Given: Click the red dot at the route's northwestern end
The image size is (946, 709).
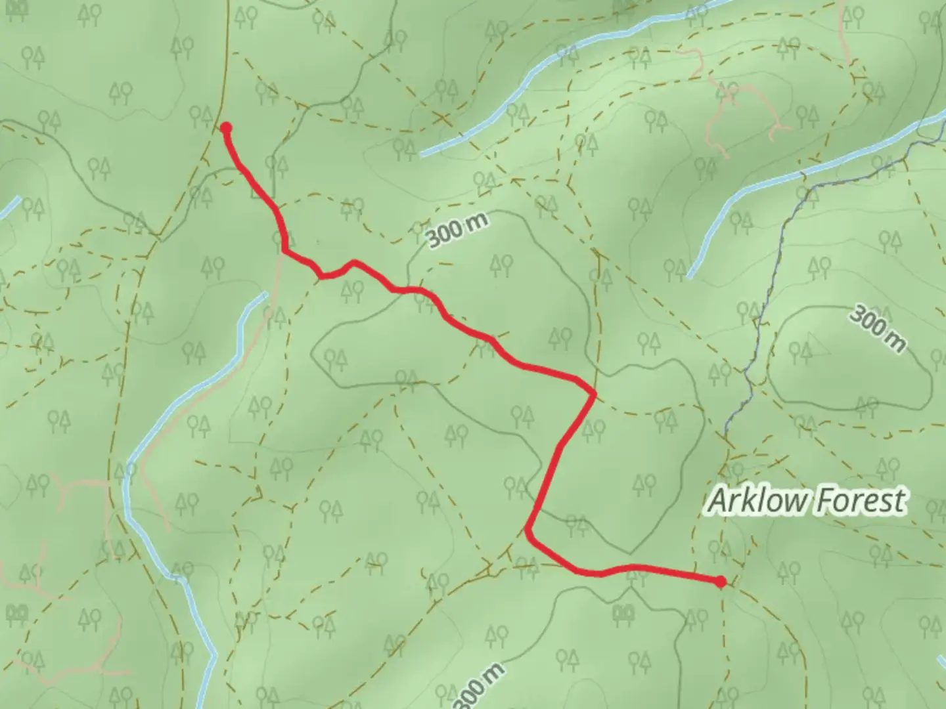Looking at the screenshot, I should pos(225,128).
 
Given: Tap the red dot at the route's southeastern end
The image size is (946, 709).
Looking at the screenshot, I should pos(721,582).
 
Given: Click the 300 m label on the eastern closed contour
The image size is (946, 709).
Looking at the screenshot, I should pos(876,328).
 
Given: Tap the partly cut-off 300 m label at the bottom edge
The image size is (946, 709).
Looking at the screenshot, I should pos(480,686).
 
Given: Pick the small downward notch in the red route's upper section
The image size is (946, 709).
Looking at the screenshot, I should pos(323,276).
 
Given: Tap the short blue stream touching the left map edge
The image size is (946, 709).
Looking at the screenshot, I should pos(9,207).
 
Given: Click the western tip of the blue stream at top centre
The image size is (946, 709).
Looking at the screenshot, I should pos(422,155).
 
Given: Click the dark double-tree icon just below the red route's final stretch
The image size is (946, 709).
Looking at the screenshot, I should pos(623,612).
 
